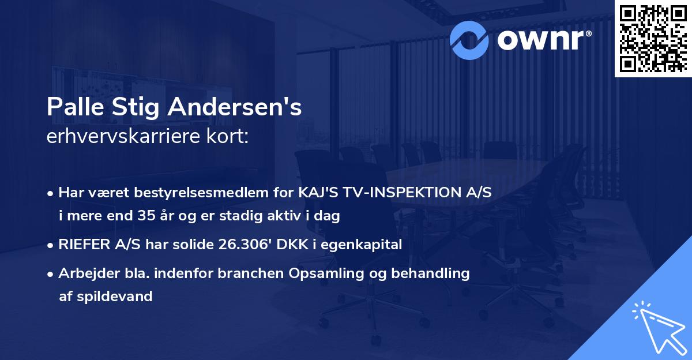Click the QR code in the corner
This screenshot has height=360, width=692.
click(x=653, y=39)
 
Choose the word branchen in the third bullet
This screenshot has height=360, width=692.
click(x=255, y=273)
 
